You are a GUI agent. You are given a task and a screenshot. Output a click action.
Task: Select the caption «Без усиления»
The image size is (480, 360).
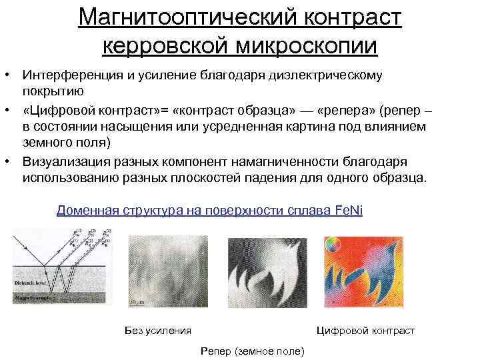point(157,331)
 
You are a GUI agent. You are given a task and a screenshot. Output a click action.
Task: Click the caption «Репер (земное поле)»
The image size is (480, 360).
point(251,351)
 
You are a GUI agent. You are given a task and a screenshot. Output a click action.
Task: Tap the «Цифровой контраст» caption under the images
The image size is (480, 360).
point(365,331)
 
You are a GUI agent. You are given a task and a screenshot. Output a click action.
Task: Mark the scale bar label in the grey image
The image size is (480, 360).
point(139,302)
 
